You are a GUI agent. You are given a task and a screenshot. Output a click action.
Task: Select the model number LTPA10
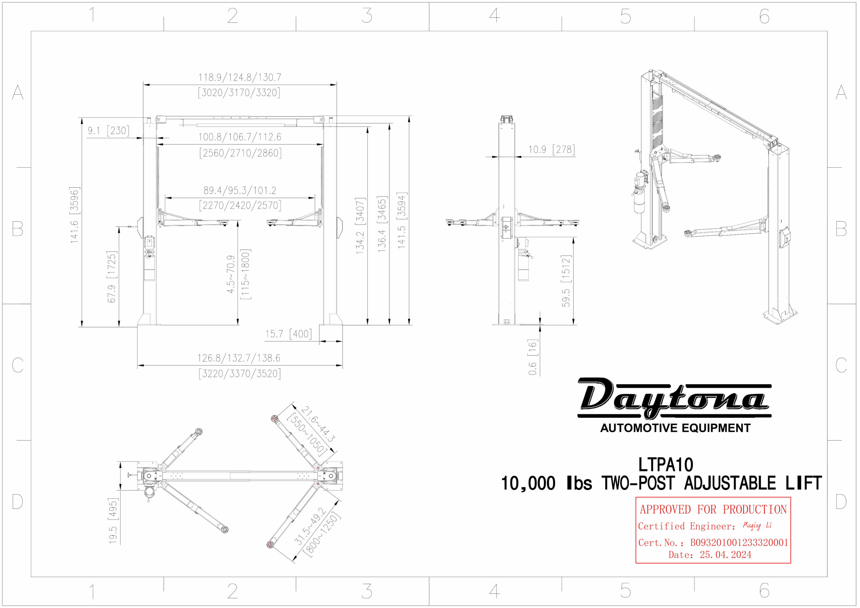click(665, 465)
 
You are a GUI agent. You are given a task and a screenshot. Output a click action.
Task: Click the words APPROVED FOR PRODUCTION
click(713, 510)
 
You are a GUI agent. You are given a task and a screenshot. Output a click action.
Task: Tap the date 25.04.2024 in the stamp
click(725, 555)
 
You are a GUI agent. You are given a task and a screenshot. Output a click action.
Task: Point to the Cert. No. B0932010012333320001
click(739, 543)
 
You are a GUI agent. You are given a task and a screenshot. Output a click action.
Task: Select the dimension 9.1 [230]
click(108, 131)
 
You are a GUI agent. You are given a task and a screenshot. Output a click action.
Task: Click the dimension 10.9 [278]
click(551, 150)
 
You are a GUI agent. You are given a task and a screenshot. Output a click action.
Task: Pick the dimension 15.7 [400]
click(289, 334)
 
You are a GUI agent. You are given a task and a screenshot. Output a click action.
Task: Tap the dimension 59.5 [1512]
click(566, 281)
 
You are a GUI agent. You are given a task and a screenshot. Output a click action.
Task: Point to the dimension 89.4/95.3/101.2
click(240, 191)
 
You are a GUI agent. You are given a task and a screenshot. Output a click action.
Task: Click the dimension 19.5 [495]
click(113, 521)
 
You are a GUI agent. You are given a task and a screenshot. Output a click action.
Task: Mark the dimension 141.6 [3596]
click(75, 215)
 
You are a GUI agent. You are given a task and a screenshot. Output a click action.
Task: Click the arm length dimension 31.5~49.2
click(310, 526)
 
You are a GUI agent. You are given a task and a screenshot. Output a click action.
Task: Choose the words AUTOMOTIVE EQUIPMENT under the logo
click(675, 428)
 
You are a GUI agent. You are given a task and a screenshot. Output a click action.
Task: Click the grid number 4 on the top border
click(494, 16)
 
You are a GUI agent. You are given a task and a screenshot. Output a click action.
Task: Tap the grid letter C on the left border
click(17, 365)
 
